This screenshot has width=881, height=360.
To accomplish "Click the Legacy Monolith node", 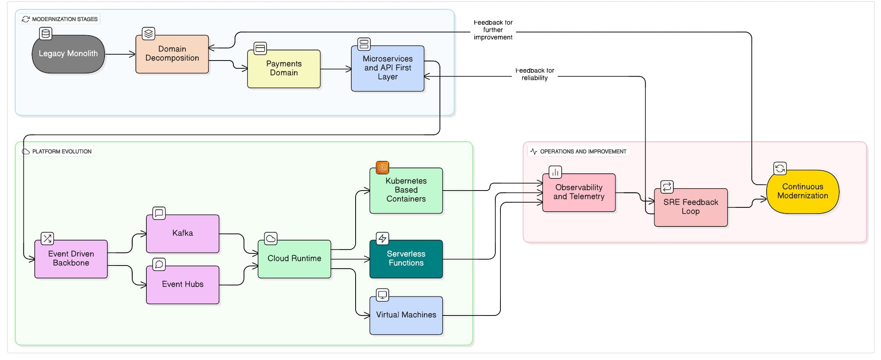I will [68, 54].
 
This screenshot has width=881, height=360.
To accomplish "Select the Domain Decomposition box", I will [172, 54].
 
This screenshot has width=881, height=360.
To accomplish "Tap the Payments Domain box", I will [284, 69].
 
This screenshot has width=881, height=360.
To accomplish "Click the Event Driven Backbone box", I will [71, 258].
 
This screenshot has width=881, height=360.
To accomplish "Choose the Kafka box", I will [182, 233].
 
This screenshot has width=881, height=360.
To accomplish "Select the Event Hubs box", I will [182, 285].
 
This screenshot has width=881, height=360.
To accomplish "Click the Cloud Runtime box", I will [294, 258].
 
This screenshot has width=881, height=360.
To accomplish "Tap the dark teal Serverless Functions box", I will [406, 258].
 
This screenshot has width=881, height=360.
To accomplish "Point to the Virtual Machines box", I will [406, 315].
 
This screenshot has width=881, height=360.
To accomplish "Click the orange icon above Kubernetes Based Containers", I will [382, 168].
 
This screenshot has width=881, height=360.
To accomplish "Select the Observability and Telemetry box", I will [578, 192].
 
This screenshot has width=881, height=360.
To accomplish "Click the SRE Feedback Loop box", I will [690, 207].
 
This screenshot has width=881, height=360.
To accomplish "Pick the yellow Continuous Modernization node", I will [803, 191].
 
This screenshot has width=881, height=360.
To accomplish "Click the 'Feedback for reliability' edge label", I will [534, 74].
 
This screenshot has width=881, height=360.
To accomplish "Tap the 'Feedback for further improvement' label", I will [493, 30].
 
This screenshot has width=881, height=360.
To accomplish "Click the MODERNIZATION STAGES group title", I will [64, 19].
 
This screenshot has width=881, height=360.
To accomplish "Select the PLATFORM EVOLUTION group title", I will [62, 151].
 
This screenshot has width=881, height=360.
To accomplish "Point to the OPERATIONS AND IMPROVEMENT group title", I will [583, 151].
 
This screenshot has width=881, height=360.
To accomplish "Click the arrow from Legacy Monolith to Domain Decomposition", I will [120, 54].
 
